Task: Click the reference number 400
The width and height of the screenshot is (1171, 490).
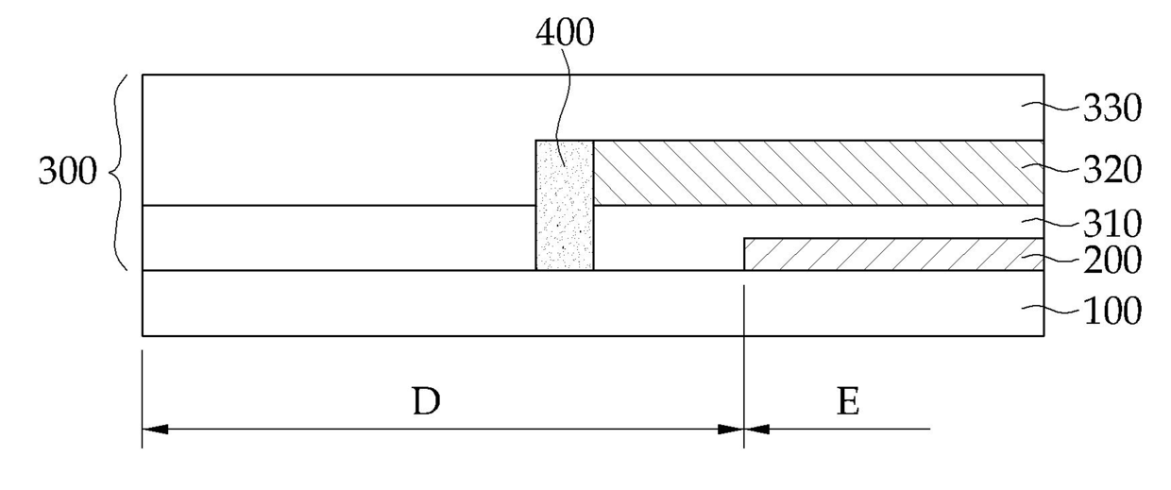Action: pyautogui.click(x=565, y=33)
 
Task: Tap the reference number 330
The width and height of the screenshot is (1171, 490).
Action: pyautogui.click(x=1111, y=109)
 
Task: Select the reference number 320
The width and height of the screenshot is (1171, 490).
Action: pyautogui.click(x=1111, y=170)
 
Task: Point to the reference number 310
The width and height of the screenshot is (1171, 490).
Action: pyautogui.click(x=1111, y=224)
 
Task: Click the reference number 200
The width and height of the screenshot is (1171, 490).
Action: pyautogui.click(x=1111, y=259)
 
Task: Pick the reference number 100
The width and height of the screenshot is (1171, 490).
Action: pyautogui.click(x=1111, y=310)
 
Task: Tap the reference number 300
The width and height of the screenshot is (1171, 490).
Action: pyautogui.click(x=67, y=174)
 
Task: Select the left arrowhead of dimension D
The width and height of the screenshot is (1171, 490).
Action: pyautogui.click(x=154, y=429)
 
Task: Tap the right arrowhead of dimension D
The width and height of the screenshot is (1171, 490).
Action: pyautogui.click(x=732, y=429)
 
